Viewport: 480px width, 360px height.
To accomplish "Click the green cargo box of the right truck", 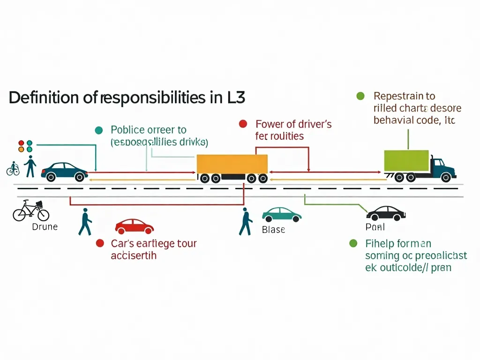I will coord(406,161).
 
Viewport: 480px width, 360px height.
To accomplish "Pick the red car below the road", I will coord(134,226).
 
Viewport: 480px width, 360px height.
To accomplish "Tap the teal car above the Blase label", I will coord(281,215).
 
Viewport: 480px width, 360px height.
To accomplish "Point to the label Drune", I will coord(45,227).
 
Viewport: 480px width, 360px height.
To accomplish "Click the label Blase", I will coord(273,230).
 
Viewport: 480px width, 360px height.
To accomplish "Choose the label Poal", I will coord(375,227).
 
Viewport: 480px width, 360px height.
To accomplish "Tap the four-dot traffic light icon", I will coord(25,146).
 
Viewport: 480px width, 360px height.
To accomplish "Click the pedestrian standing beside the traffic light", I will coord(30,166).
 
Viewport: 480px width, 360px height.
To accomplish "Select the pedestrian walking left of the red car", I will coord(85,222).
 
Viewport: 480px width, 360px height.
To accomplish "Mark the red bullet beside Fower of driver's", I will coord(243,124).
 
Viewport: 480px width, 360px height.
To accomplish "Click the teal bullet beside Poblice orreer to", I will coord(98,130).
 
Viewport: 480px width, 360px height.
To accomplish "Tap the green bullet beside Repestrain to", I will coord(360,96).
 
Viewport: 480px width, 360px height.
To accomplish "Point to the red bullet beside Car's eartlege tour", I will coord(99,243).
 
